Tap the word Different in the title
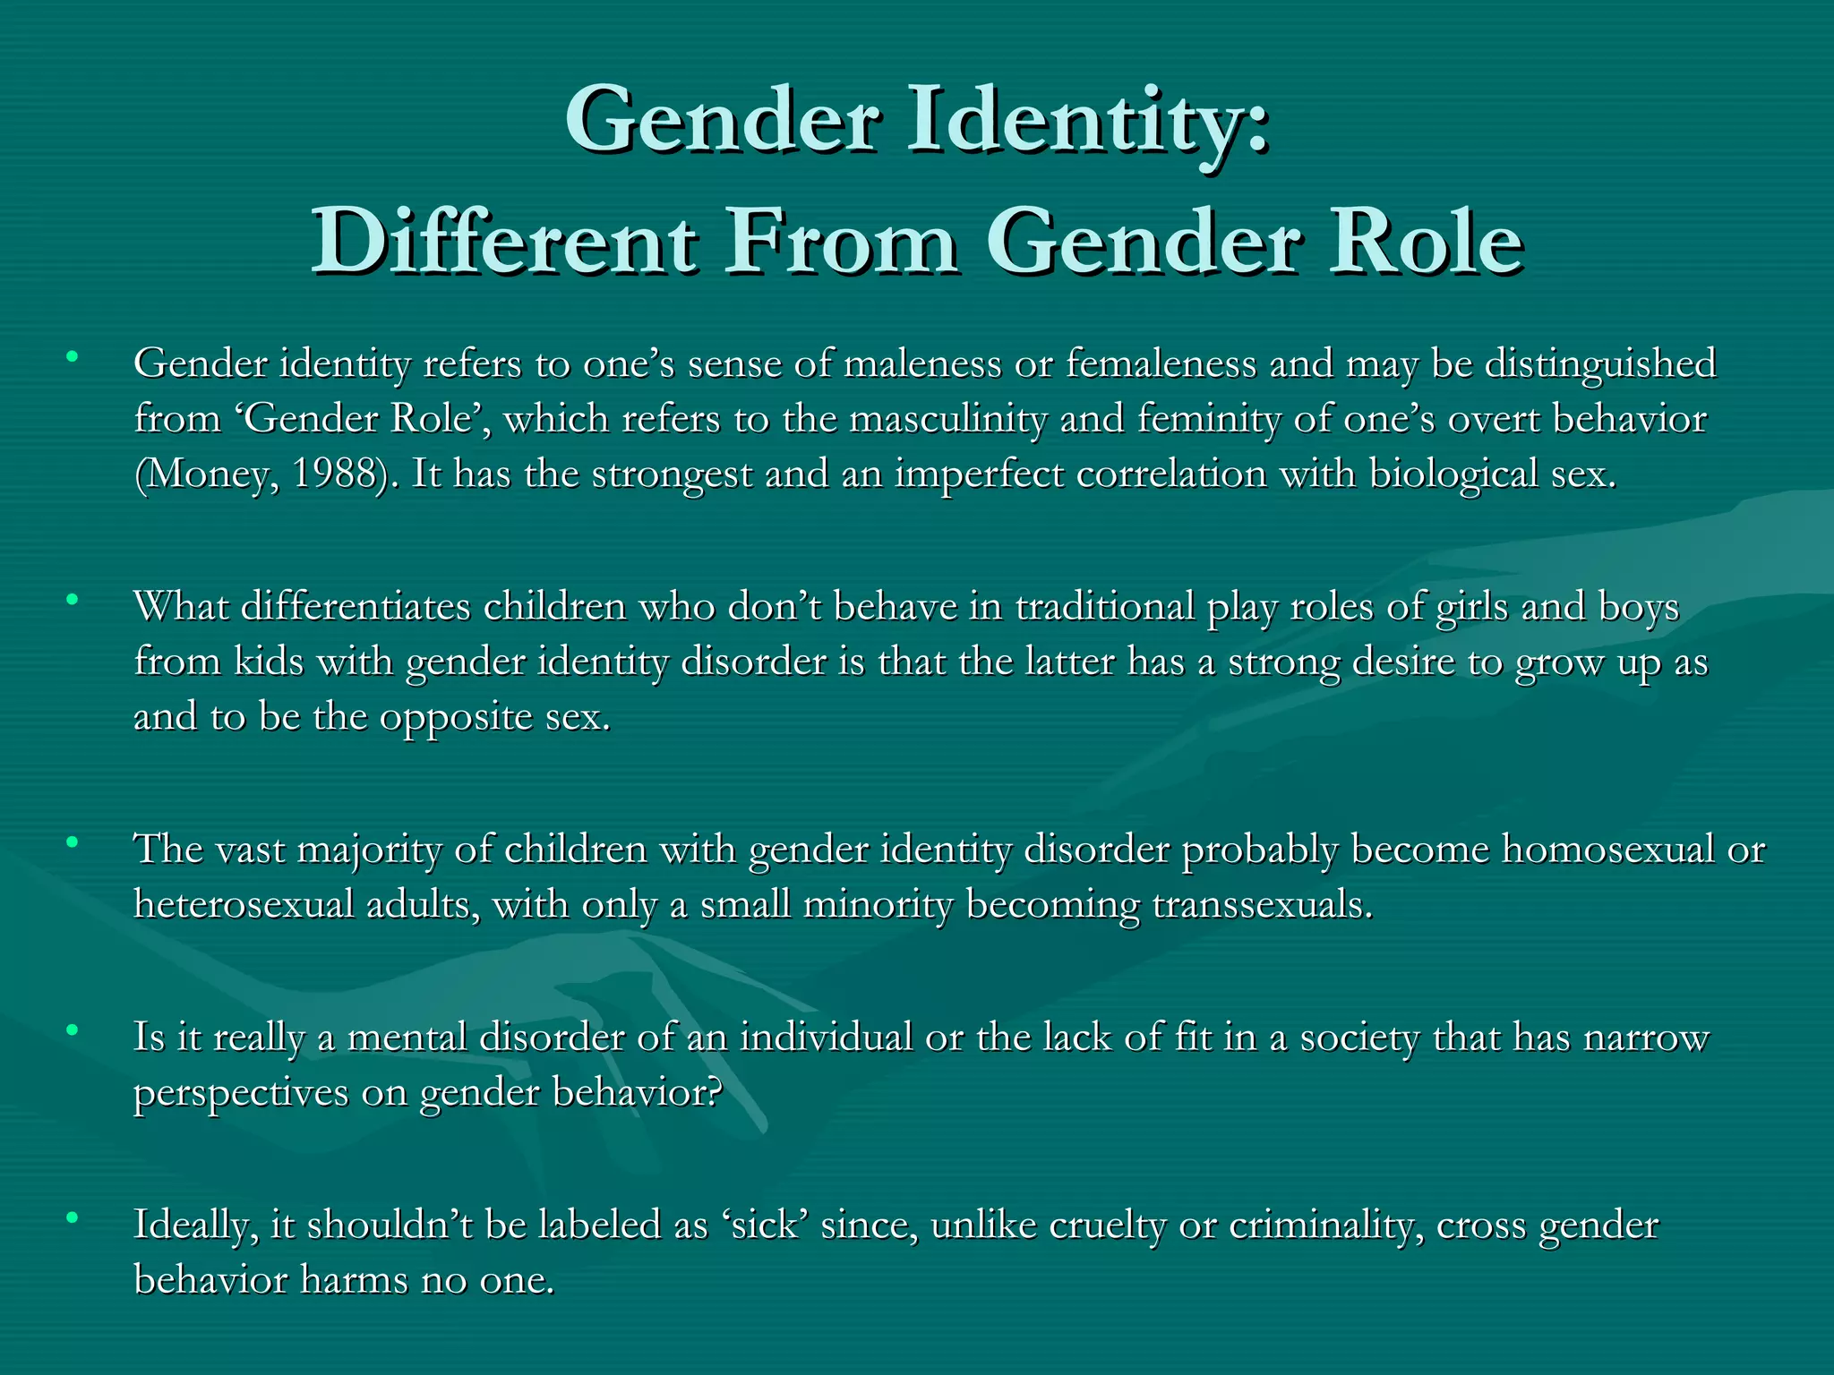503,242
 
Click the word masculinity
948,419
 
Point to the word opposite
456,717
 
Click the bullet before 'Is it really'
73,1029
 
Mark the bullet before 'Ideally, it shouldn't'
73,1217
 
